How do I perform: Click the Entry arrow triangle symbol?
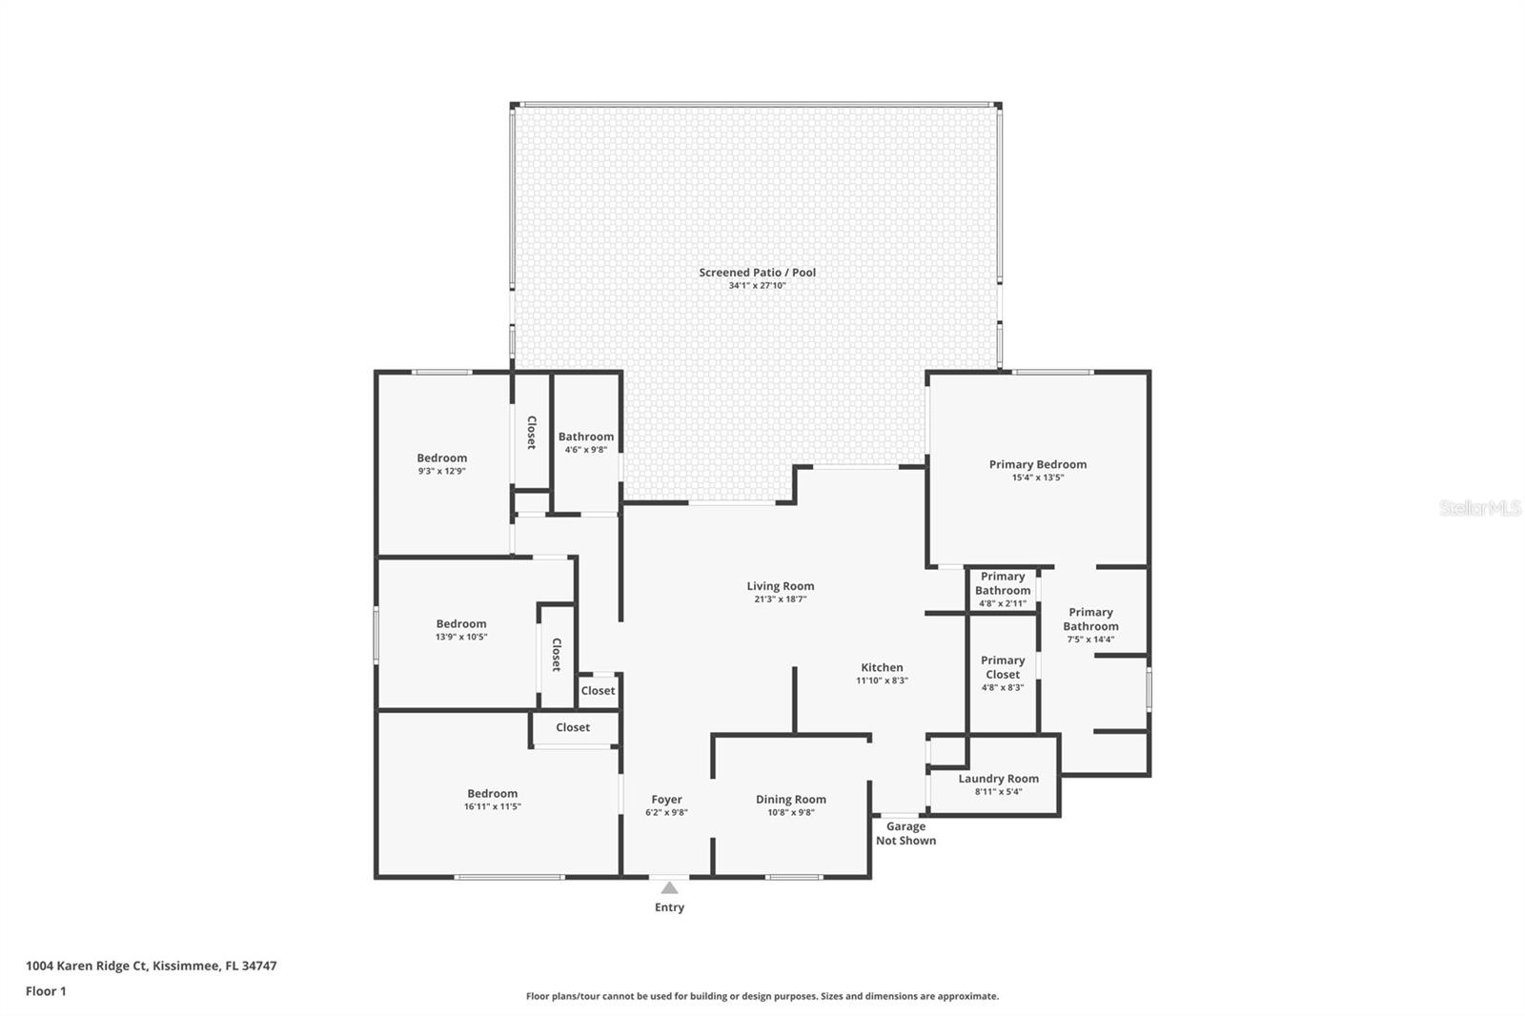point(669,888)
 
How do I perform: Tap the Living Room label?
point(780,586)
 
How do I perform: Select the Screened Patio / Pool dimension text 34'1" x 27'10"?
point(757,286)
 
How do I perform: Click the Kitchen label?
point(882,667)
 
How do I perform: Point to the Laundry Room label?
point(998,779)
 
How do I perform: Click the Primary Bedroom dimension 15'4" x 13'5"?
point(1037,478)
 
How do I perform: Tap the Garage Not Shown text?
point(905,833)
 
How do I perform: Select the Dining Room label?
point(790,800)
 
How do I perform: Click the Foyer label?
point(666,800)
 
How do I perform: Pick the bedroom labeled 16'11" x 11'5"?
point(492,799)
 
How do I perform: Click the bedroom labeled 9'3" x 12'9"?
point(441,463)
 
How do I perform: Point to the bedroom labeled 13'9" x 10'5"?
point(461,629)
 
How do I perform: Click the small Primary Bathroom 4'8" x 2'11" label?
point(1003,589)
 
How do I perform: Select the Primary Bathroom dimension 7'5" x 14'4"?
point(1090,640)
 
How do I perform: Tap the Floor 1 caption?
point(46,991)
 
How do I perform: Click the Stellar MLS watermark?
point(1479,508)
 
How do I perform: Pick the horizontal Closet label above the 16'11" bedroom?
point(573,727)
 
